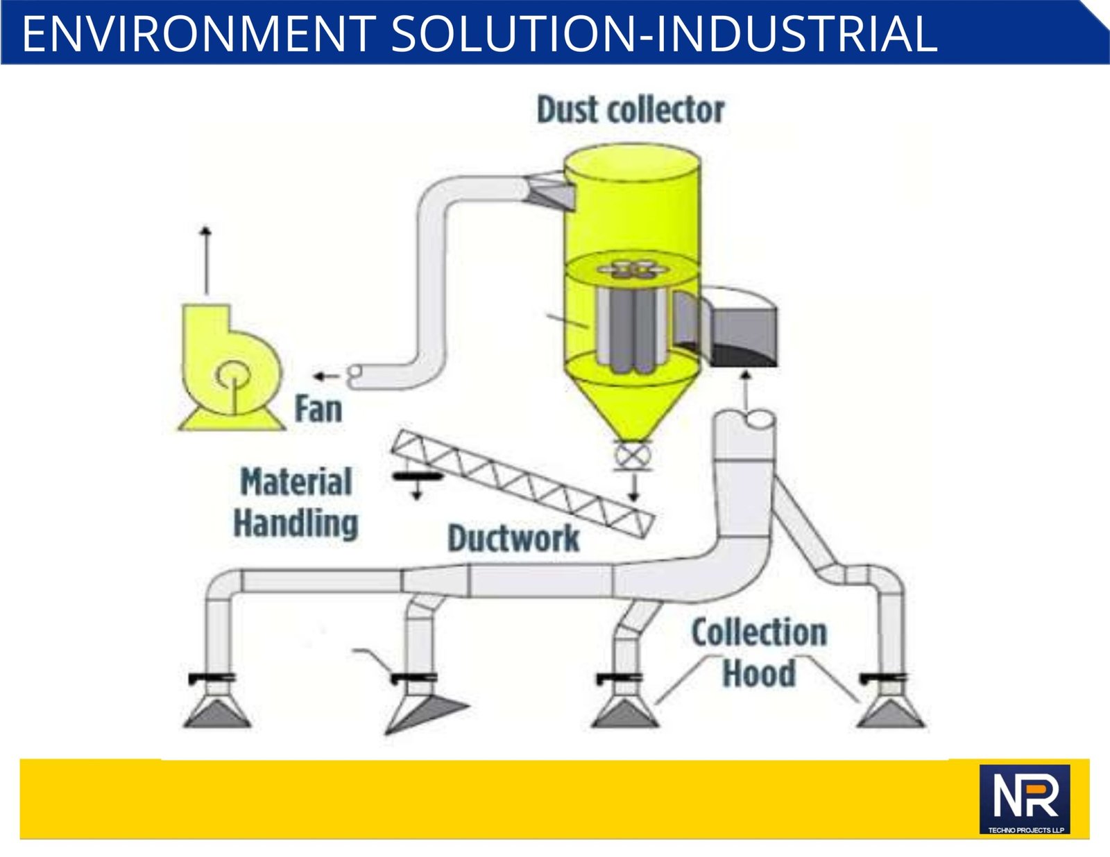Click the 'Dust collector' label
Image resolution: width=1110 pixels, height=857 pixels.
tap(631, 110)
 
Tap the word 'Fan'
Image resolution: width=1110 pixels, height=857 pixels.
tap(318, 409)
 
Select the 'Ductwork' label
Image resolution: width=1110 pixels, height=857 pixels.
tap(513, 538)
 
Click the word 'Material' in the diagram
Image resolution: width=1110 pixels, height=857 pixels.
tap(296, 481)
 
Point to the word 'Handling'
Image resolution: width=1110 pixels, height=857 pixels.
tap(296, 523)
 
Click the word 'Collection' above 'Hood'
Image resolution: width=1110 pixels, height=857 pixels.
tap(759, 632)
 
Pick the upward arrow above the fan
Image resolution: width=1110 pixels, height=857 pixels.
tap(205, 260)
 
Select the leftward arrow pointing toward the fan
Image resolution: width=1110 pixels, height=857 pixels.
tap(327, 376)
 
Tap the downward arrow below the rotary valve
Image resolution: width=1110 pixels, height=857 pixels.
tap(634, 487)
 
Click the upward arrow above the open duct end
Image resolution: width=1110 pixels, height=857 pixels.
tap(746, 391)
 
